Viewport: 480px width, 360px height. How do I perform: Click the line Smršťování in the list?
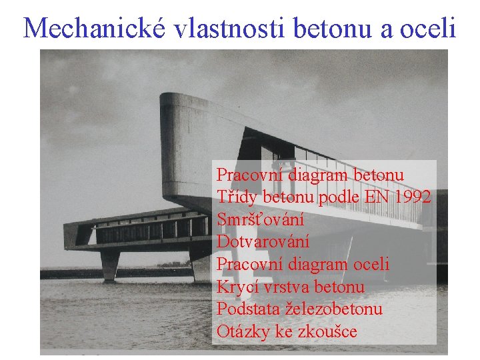pyautogui.click(x=261, y=219)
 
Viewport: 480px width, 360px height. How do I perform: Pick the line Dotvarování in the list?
pyautogui.click(x=263, y=242)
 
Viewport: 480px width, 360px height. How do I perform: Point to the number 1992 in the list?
pyautogui.click(x=411, y=197)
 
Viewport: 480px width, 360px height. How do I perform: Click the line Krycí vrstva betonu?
pyautogui.click(x=291, y=287)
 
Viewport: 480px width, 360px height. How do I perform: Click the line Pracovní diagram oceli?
pyautogui.click(x=303, y=265)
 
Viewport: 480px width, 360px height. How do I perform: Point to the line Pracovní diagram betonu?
pyautogui.click(x=310, y=175)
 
